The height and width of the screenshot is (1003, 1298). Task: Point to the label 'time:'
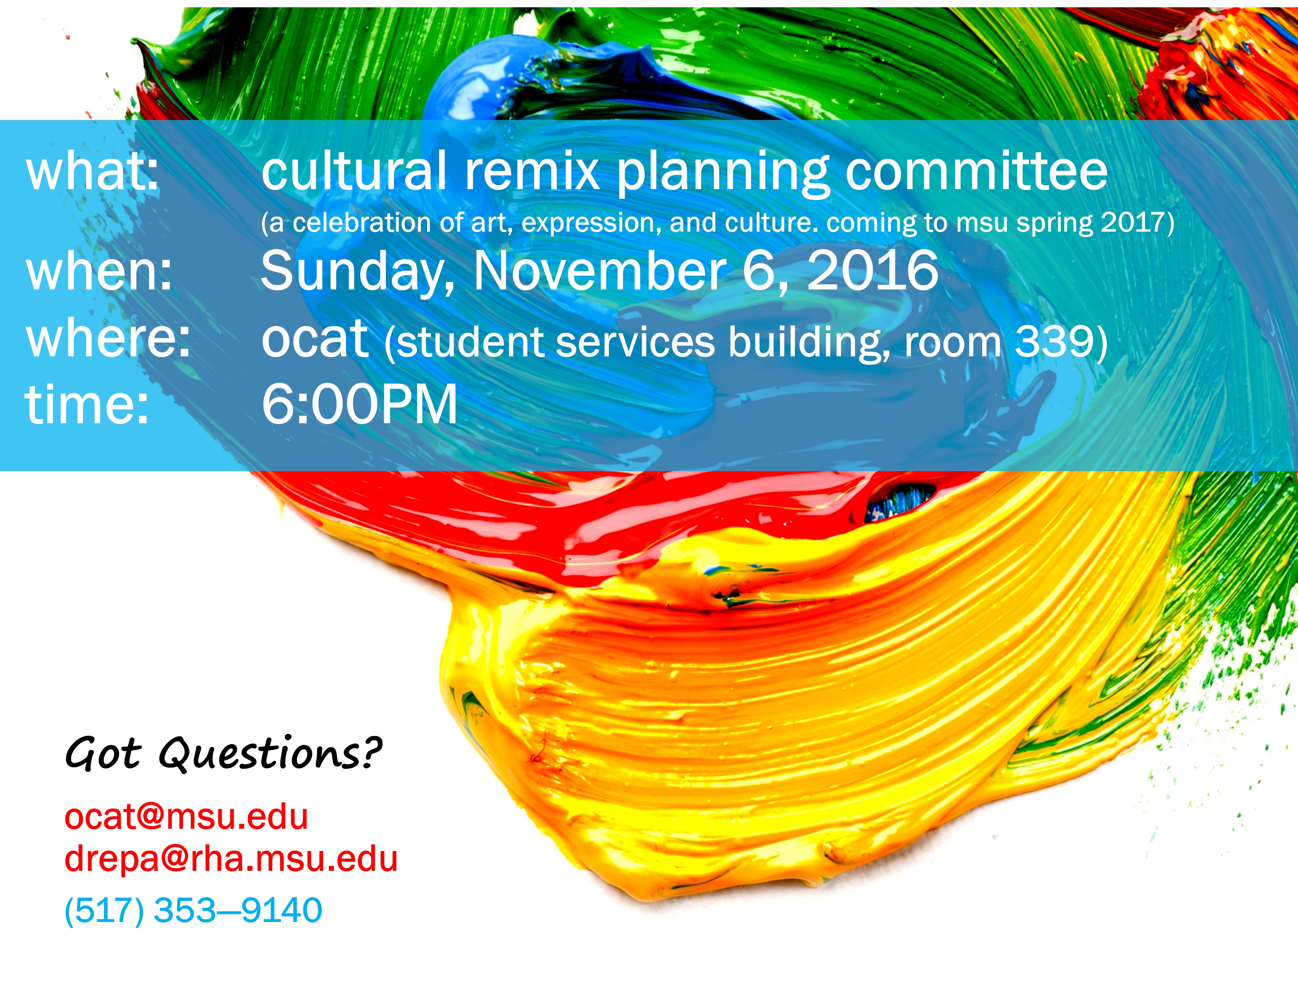click(x=87, y=404)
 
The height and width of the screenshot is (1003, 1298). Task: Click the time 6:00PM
click(x=360, y=404)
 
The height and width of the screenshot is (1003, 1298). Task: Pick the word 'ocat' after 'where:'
click(x=315, y=338)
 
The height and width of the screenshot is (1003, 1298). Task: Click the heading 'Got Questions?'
click(x=223, y=754)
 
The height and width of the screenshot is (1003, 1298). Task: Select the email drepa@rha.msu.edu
click(x=230, y=859)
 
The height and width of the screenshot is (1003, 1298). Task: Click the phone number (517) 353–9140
click(x=193, y=910)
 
